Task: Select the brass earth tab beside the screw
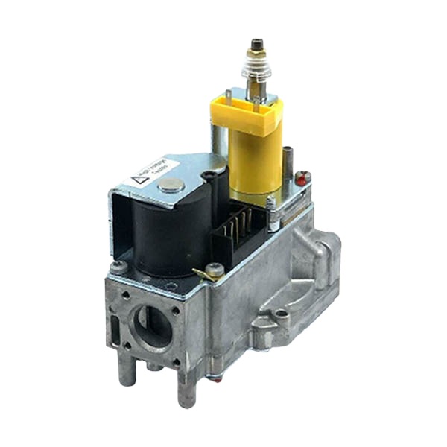199,273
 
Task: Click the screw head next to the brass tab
215,270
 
